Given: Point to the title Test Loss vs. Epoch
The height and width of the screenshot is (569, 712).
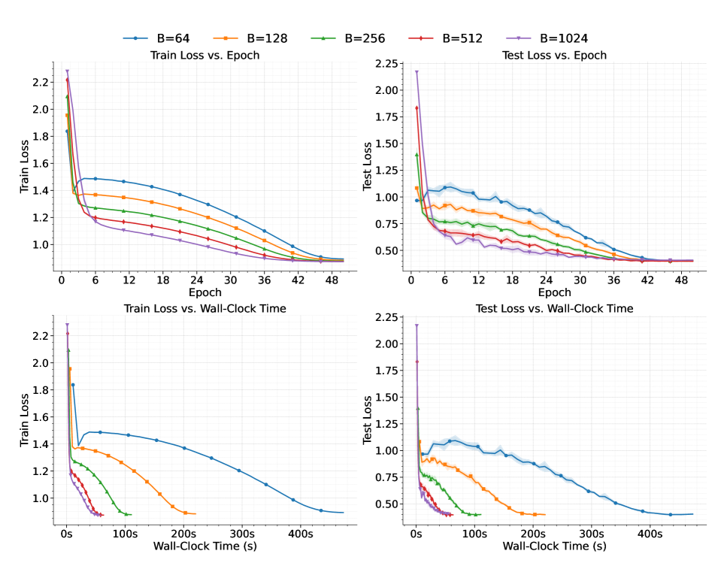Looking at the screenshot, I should [x=555, y=56].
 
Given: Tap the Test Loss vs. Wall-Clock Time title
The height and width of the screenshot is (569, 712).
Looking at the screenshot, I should [x=555, y=309].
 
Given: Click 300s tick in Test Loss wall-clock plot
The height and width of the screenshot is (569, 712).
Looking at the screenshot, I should [x=591, y=534].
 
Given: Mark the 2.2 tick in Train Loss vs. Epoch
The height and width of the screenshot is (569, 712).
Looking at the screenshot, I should [x=40, y=82].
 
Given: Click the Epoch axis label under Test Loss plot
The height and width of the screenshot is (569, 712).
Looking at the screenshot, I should [x=554, y=293].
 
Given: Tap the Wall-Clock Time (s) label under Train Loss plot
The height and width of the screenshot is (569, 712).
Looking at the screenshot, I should [x=205, y=546].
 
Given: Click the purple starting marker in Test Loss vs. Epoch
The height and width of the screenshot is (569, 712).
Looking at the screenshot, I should [x=417, y=72].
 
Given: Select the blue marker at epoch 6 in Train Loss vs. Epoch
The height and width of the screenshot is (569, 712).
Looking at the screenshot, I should [x=95, y=179].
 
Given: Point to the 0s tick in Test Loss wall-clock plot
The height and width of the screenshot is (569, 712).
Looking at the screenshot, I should [x=417, y=534].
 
